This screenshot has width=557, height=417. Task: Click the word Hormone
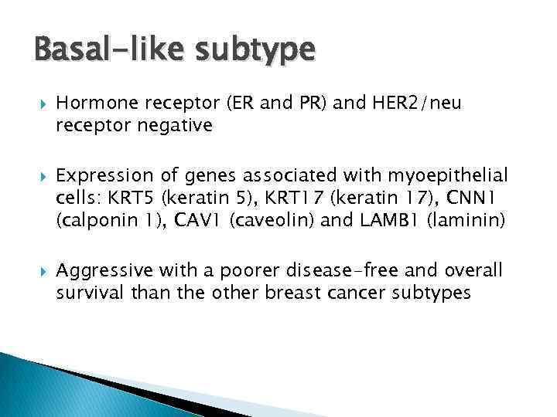(94, 103)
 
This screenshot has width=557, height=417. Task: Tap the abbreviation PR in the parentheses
(316, 103)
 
